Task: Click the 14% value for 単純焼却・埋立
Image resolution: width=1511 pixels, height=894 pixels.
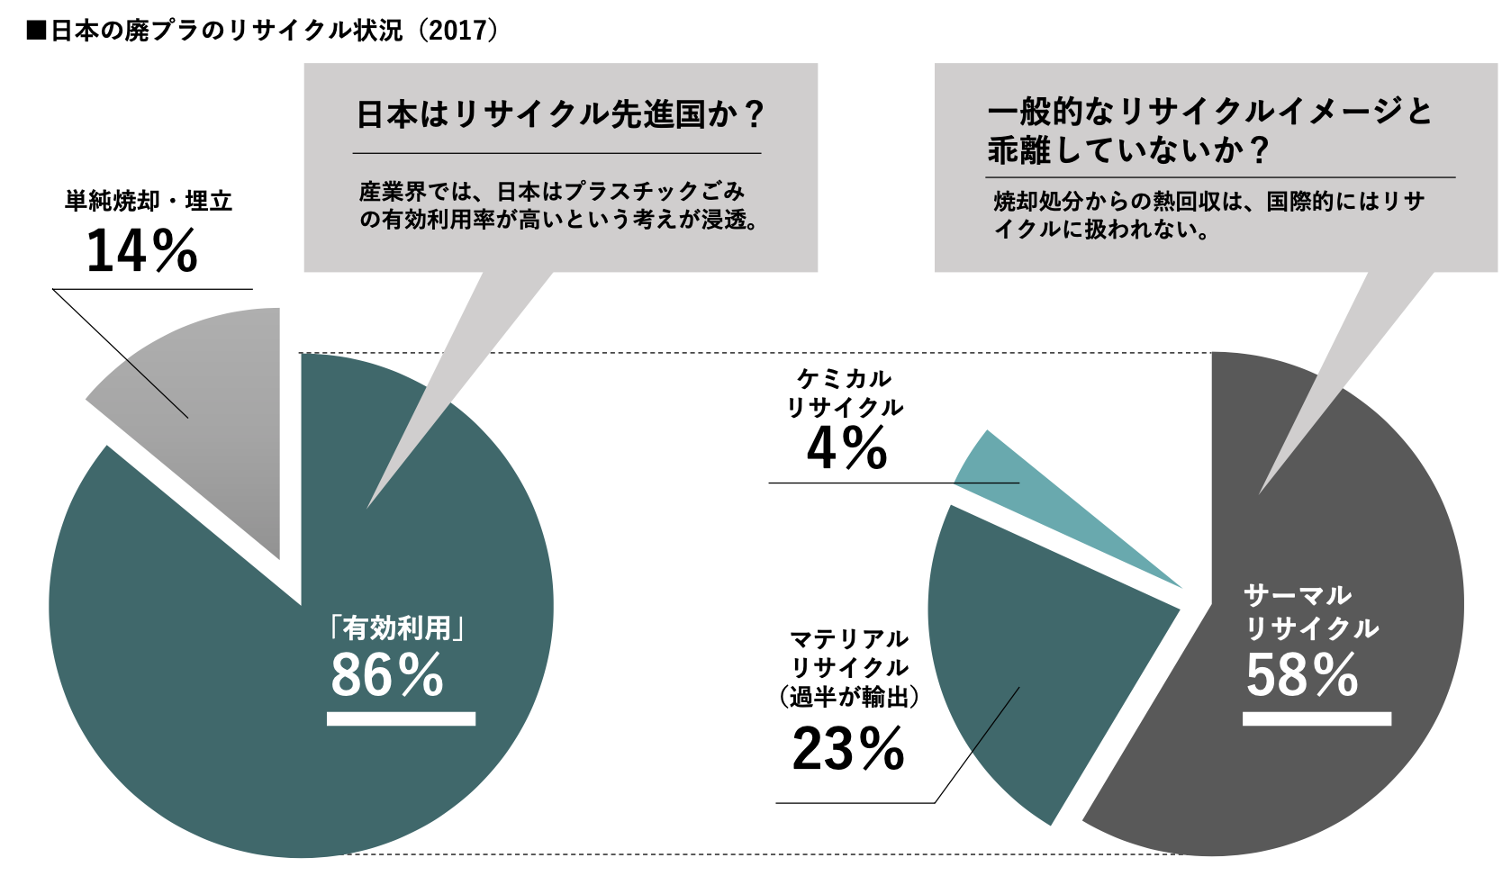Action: (x=141, y=250)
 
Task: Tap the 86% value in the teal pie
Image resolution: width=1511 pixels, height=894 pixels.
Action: (x=387, y=675)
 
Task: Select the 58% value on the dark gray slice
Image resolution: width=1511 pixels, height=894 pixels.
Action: (x=1302, y=675)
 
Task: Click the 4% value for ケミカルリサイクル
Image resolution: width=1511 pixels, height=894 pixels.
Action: (x=846, y=448)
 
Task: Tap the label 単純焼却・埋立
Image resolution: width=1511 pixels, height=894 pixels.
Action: (x=149, y=201)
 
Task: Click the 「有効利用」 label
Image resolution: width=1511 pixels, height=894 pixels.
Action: (x=397, y=627)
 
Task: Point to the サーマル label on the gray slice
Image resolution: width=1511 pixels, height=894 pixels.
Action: (x=1298, y=595)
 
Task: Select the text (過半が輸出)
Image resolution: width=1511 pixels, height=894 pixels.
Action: (x=848, y=697)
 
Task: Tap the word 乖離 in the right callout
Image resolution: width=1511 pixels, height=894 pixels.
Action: (x=1019, y=149)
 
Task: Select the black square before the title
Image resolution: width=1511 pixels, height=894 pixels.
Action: (x=36, y=31)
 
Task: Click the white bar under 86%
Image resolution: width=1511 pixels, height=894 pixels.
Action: (x=401, y=718)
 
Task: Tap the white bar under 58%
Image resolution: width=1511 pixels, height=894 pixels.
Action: (x=1316, y=718)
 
